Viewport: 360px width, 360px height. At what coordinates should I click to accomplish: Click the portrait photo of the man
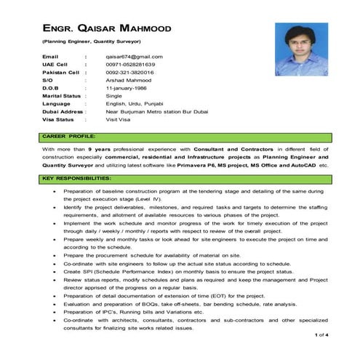click(x=299, y=51)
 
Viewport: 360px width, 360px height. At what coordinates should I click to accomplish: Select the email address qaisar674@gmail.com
click(x=134, y=56)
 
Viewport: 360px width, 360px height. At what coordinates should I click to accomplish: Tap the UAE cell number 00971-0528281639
click(x=136, y=65)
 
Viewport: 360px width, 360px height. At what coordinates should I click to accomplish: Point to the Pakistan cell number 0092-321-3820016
click(x=135, y=73)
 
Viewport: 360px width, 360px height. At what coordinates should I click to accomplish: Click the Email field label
click(x=49, y=56)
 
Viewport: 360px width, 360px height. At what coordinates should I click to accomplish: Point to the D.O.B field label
click(x=50, y=89)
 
